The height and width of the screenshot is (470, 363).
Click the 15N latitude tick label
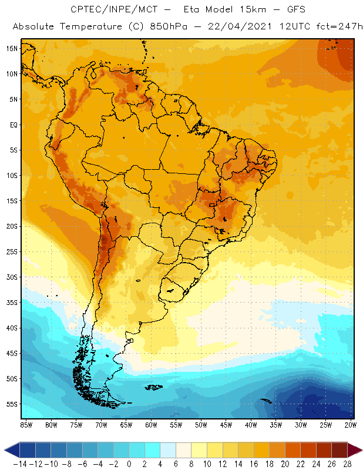click(12, 48)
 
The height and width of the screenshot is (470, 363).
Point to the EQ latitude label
click(13, 125)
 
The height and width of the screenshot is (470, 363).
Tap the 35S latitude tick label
click(12, 302)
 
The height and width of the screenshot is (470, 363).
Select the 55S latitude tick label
click(12, 404)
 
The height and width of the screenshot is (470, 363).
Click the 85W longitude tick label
click(26, 424)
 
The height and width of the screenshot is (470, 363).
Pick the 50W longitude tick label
click(201, 424)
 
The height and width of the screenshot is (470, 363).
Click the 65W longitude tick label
click(126, 424)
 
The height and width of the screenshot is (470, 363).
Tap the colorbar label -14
click(20, 464)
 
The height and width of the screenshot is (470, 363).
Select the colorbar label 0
click(129, 464)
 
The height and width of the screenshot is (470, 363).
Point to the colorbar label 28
click(347, 464)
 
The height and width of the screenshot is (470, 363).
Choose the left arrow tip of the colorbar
click(6, 450)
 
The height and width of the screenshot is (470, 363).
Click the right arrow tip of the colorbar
click(359, 450)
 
